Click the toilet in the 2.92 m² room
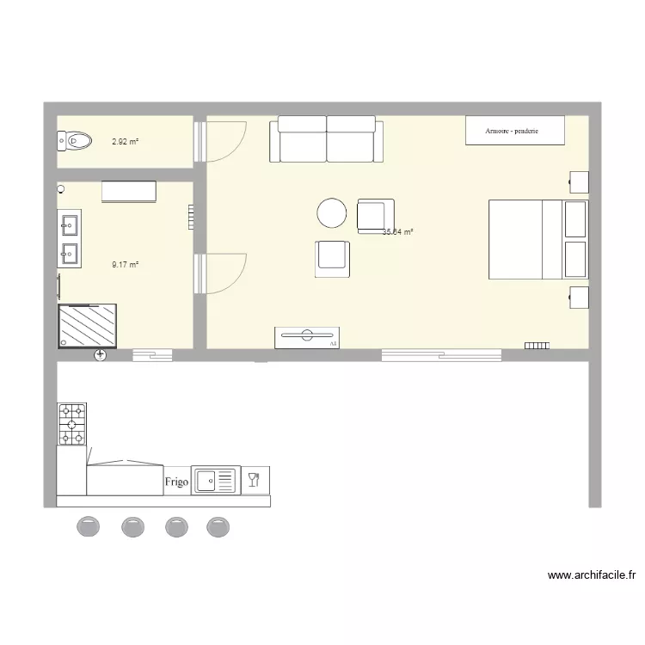[x=76, y=139]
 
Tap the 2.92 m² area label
[x=125, y=140]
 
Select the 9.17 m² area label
[x=125, y=265]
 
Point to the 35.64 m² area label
[x=398, y=231]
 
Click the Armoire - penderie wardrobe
[x=514, y=130]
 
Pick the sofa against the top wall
[x=326, y=140]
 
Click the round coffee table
[x=331, y=213]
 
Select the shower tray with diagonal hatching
[x=87, y=326]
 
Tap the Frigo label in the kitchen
[x=176, y=482]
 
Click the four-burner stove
[x=72, y=424]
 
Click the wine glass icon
[x=254, y=479]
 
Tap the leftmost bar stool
[x=89, y=526]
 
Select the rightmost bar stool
[x=218, y=526]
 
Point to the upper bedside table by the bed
[x=579, y=182]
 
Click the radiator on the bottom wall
[x=537, y=346]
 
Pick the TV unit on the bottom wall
[x=307, y=337]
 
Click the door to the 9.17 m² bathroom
[x=222, y=273]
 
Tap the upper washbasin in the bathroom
[x=69, y=225]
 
